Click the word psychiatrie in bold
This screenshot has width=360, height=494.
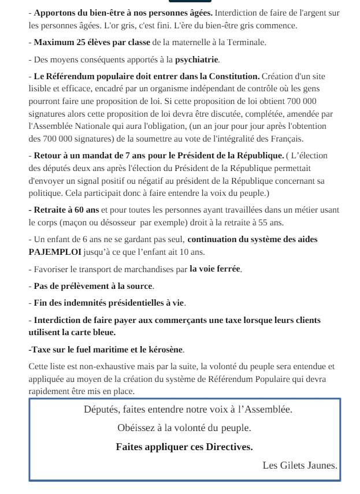point(197,59)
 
